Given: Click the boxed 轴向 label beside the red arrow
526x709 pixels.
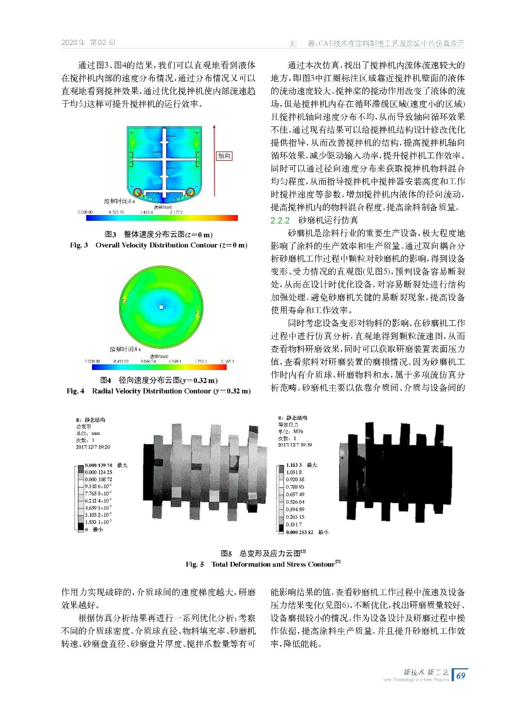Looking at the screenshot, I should [224, 156].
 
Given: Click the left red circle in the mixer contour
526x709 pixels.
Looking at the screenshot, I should [139, 192].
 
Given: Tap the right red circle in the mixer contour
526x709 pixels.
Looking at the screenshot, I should [190, 192].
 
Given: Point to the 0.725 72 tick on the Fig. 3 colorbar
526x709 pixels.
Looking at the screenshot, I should [116, 212].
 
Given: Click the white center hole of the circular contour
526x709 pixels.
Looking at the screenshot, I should [161, 307].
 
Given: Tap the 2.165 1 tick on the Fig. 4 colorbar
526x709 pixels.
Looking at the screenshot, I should [227, 361].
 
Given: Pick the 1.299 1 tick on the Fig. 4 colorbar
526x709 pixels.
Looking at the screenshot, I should [175, 361].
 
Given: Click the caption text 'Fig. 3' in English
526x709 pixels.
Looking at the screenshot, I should [79, 245].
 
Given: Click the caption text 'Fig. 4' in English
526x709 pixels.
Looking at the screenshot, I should [76, 391].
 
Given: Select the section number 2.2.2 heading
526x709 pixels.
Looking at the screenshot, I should [280, 220].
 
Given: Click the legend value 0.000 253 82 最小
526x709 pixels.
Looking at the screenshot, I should [307, 532].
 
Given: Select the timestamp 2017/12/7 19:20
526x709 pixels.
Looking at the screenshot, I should [93, 447].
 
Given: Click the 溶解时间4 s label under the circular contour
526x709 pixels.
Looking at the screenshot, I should [125, 349].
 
